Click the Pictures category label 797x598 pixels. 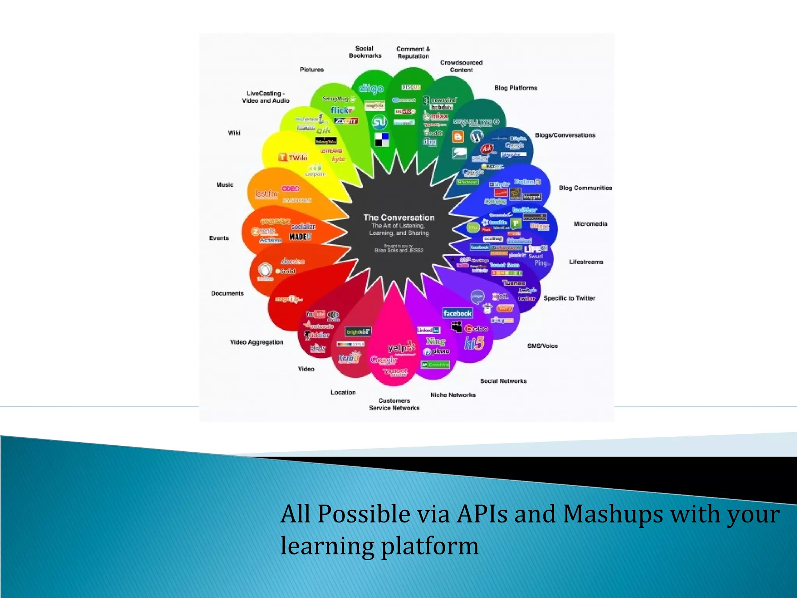point(312,70)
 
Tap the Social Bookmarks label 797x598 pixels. point(365,52)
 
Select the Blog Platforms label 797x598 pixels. point(516,88)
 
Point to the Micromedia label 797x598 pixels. point(590,224)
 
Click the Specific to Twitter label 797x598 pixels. point(569,298)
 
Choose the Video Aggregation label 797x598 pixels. point(256,342)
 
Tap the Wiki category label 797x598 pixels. point(234,133)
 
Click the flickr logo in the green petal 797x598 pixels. point(342,110)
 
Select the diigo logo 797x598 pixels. point(370,89)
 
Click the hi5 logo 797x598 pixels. point(474,343)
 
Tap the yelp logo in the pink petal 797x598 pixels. point(401,347)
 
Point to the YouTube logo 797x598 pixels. point(316,314)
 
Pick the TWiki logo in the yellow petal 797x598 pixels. point(293,158)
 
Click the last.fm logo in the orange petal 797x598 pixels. point(267,193)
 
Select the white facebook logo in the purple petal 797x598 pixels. point(457,313)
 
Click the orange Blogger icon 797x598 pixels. point(458,137)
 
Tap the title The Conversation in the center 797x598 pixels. point(399,218)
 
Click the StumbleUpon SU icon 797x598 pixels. point(379,122)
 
